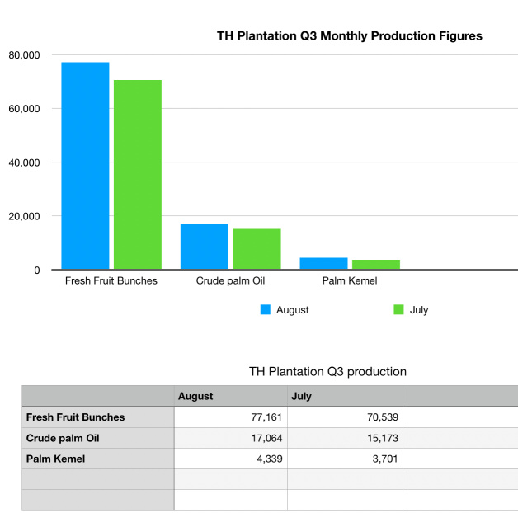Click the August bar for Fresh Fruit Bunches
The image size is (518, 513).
[85, 166]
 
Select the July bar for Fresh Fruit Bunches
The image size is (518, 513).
[138, 175]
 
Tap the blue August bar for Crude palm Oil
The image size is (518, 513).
[205, 247]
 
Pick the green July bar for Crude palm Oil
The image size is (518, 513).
[257, 249]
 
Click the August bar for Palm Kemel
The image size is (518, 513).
[323, 264]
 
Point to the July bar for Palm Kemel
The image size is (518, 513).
[376, 265]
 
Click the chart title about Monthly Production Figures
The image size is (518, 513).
[349, 35]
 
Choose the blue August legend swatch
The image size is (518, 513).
[266, 310]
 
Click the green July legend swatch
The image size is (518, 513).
[398, 310]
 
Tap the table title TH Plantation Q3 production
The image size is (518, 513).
[327, 371]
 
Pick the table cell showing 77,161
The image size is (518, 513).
[231, 417]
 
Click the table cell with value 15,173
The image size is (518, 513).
[345, 438]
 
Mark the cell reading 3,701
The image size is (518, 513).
[345, 459]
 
